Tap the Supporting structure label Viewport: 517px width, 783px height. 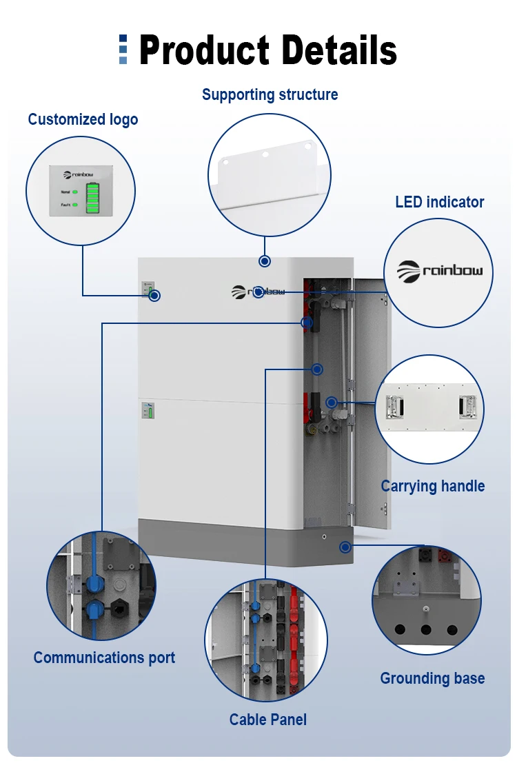(270, 94)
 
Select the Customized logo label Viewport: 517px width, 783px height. (83, 119)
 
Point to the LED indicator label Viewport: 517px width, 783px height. (439, 202)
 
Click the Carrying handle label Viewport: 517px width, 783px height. (433, 486)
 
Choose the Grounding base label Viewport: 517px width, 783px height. (432, 678)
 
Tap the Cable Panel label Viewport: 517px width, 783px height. (268, 720)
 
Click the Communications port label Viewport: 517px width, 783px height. (104, 658)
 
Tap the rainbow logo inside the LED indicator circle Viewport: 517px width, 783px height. (440, 271)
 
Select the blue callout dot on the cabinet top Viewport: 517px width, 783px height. (264, 261)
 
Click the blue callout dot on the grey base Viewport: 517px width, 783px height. (344, 547)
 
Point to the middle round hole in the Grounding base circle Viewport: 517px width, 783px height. (426, 629)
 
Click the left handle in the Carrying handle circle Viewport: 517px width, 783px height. (394, 407)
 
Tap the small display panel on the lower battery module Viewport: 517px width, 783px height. (148, 411)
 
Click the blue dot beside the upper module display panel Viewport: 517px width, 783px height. (155, 295)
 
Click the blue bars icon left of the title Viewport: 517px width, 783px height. (123, 50)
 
